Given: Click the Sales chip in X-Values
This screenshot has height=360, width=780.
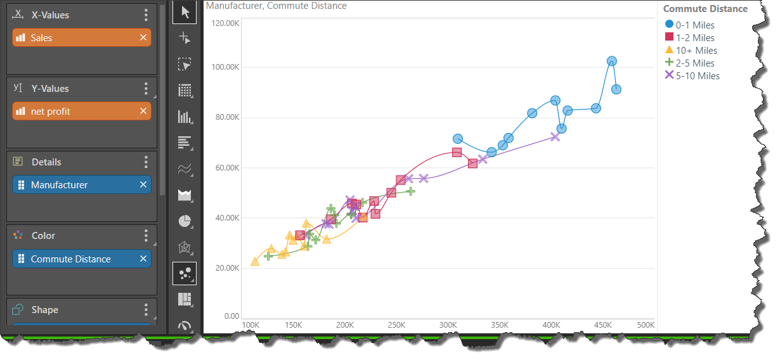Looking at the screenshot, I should pos(76,38).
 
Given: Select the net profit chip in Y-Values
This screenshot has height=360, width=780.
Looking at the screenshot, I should pos(76,112).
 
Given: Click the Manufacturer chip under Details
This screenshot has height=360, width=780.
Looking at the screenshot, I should pos(76,185).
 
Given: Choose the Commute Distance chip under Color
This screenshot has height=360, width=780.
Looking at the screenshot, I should pos(76,259).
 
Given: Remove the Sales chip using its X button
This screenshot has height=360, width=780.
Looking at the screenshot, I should pos(143,38).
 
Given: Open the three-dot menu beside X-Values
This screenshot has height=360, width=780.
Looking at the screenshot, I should pos(146,15).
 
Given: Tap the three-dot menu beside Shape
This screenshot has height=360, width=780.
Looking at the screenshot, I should pos(146,310).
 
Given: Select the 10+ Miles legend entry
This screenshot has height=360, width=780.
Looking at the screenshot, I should pos(691,51).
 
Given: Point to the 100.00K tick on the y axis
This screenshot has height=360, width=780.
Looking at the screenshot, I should pos(224,67).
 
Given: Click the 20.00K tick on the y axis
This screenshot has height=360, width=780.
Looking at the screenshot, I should pos(226,268).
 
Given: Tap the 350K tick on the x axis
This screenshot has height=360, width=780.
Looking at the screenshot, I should pos(500,325).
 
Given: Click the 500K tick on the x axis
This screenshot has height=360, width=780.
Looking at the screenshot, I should pos(645,325).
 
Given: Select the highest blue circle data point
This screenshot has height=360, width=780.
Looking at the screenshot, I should pos(612,61).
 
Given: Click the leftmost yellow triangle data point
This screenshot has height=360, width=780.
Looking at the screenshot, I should pos(255,262).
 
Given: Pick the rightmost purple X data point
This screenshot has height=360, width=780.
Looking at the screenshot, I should pos(556,136).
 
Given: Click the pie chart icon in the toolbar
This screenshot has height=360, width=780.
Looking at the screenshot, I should pos(185,221).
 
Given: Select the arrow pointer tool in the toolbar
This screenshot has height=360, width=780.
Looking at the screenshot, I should pos(185,13).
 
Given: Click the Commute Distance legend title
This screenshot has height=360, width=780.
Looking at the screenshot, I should pos(705,9).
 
